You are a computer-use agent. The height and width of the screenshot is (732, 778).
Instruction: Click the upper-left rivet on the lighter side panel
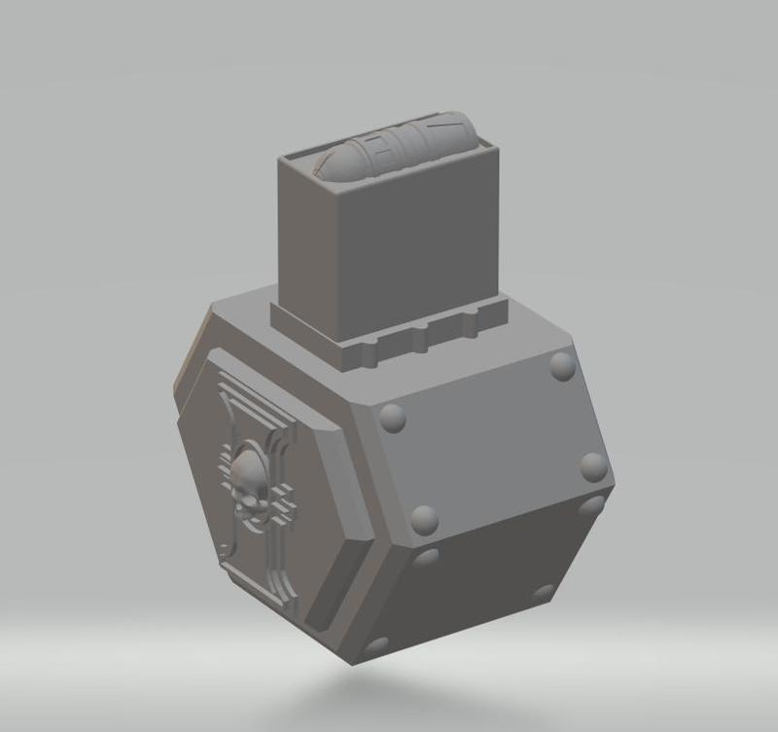point(392,418)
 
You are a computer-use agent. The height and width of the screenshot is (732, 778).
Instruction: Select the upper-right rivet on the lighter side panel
point(562,366)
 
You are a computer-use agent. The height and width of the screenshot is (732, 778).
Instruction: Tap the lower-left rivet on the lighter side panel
point(424,520)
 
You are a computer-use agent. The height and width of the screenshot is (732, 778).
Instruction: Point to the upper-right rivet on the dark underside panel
point(591,508)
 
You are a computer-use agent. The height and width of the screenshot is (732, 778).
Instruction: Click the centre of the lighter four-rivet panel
point(491,443)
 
